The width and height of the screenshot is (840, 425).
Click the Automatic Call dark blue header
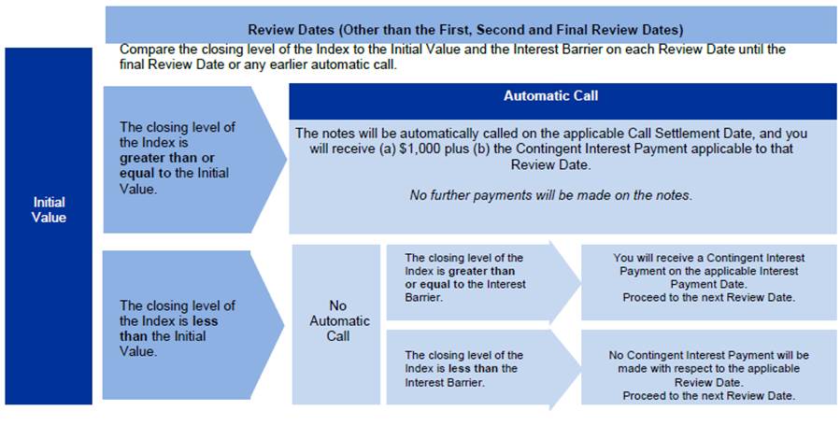pyautogui.click(x=550, y=95)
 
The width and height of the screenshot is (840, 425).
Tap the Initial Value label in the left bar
pyautogui.click(x=49, y=209)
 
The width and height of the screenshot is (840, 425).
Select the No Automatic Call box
pyautogui.click(x=337, y=320)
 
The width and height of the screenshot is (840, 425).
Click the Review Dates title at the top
pyautogui.click(x=465, y=29)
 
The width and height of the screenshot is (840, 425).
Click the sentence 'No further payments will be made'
pyautogui.click(x=550, y=195)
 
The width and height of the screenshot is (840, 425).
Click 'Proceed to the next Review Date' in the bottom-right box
pyautogui.click(x=708, y=395)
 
